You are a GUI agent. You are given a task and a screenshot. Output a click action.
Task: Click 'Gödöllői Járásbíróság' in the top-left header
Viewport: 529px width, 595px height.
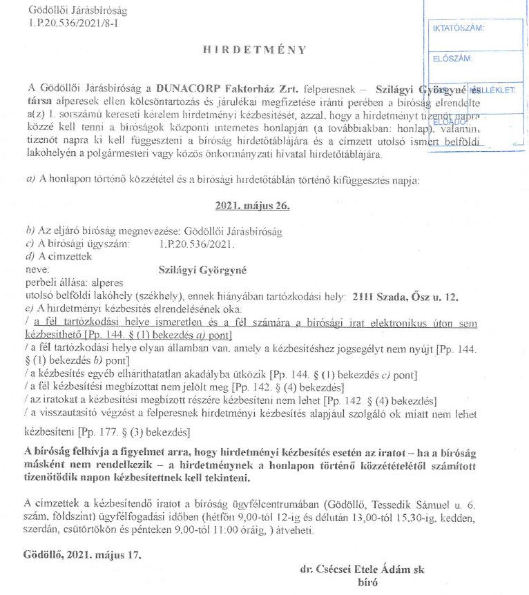coord(79,11)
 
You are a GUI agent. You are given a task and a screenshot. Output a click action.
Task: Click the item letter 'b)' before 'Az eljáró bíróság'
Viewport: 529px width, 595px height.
coord(30,231)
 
